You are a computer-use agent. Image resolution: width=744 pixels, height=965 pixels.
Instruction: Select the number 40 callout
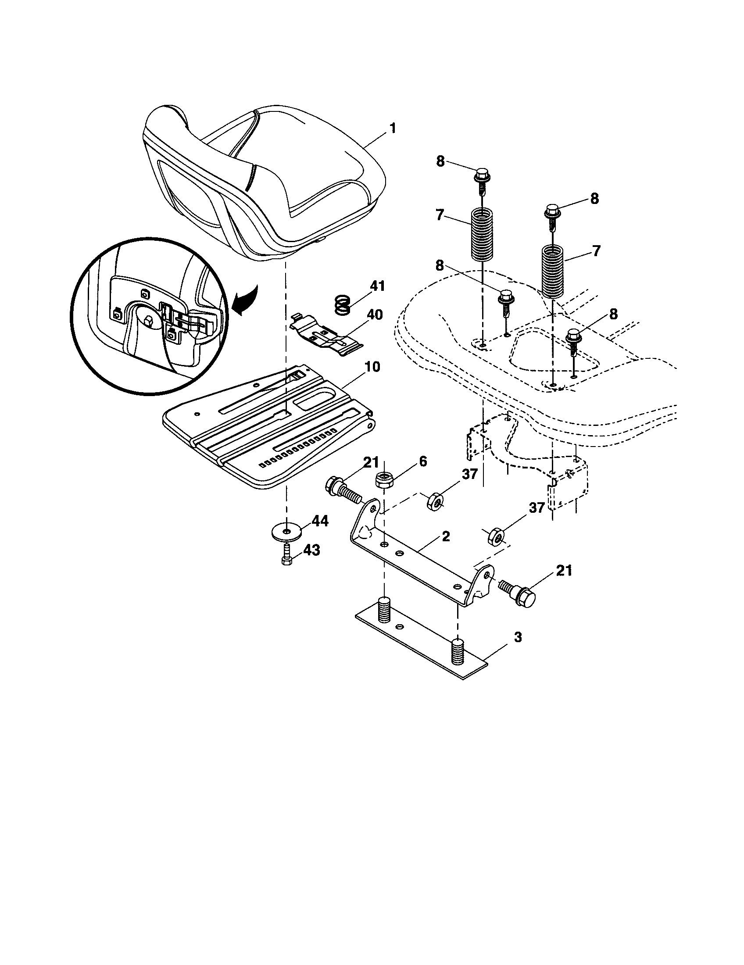pyautogui.click(x=375, y=315)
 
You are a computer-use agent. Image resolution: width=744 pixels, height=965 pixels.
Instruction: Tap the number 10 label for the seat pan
pyautogui.click(x=372, y=367)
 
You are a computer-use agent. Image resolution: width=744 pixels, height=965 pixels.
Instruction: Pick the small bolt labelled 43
pyautogui.click(x=286, y=554)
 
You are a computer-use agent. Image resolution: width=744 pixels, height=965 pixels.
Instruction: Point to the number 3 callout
pyautogui.click(x=518, y=637)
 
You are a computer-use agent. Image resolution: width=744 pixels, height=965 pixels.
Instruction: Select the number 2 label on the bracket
pyautogui.click(x=446, y=536)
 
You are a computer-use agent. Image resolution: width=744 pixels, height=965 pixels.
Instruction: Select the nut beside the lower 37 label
pyautogui.click(x=495, y=537)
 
